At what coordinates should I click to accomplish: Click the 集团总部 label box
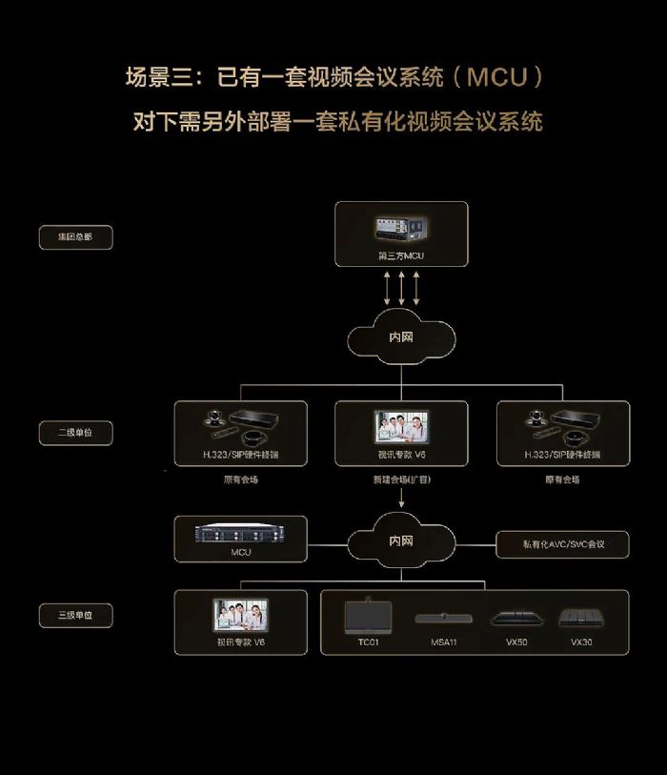coord(75,236)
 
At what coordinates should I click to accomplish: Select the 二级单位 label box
coord(75,433)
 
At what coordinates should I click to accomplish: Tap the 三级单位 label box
coord(75,614)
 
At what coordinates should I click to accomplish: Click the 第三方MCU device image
coord(400,231)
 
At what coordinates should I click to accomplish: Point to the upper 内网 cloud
coord(401,338)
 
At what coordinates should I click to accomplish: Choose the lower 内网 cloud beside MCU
coord(401,540)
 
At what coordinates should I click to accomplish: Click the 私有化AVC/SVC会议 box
coord(562,544)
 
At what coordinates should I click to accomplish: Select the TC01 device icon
coord(369,617)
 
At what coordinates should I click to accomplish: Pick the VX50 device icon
coord(516,619)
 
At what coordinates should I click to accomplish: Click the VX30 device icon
coord(581,618)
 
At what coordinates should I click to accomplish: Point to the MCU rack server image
coord(240,534)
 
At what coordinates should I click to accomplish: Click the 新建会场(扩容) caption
coord(400,479)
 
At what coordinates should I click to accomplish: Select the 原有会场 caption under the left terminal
coord(240,479)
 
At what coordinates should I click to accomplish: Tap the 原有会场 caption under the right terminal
coord(562,479)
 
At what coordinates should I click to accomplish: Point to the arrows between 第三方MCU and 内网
coord(401,286)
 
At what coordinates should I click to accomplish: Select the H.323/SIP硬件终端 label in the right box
coord(562,455)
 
